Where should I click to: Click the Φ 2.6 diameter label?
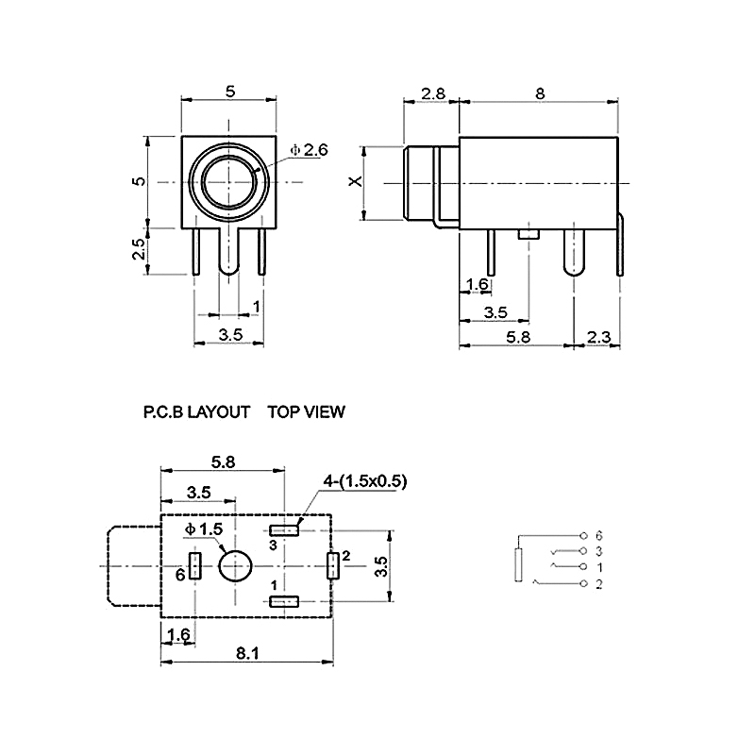point(309,149)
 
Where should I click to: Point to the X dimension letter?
point(356,181)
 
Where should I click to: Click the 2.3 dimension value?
point(599,336)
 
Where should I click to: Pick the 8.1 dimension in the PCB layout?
point(247,652)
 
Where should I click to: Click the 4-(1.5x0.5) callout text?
point(364,481)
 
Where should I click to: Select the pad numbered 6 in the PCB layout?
point(194,566)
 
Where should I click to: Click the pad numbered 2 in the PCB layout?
point(332,566)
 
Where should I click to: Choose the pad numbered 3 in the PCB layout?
point(284,529)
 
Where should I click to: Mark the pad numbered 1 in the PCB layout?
point(284,601)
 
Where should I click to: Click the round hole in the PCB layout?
point(234,566)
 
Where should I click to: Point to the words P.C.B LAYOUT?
point(196,412)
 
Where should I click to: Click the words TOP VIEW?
point(307,412)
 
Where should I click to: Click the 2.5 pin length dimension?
point(138,251)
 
